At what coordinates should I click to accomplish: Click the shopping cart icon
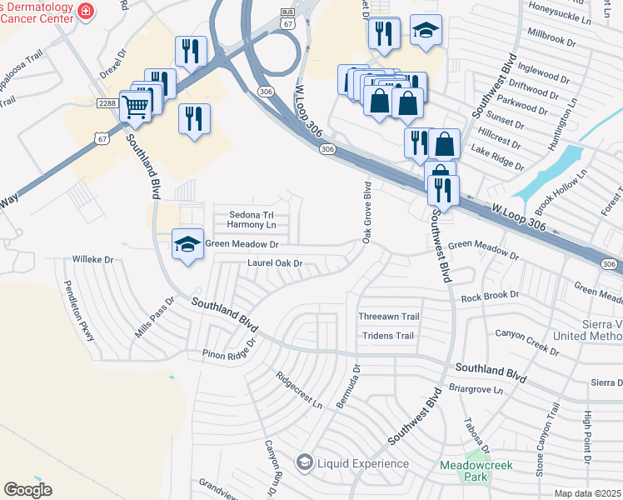point(134,106)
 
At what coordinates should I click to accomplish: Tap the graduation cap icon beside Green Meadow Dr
point(188,243)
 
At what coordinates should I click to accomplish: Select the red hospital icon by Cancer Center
point(85,11)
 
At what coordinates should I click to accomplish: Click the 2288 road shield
point(107,102)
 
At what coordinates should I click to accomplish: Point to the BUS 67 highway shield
point(287,17)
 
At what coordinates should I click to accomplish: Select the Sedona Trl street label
point(252,214)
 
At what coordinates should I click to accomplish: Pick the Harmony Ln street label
point(252,225)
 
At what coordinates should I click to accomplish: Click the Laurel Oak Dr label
point(274,264)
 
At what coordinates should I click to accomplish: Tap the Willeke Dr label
point(92,259)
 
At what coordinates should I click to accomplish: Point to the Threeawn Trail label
point(387,317)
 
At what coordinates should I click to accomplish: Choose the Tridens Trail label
point(387,336)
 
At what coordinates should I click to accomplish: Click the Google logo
point(27,489)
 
